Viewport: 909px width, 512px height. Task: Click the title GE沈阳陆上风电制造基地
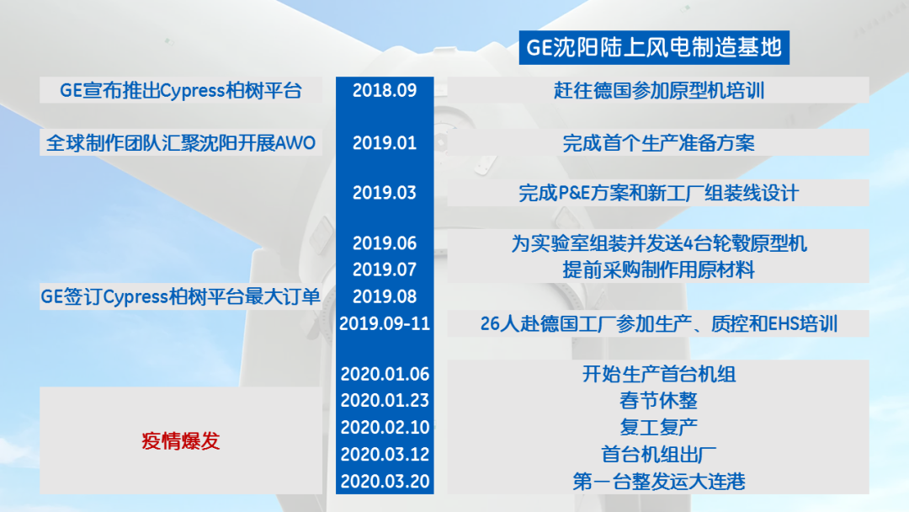654,47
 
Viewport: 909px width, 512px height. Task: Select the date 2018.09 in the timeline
385,90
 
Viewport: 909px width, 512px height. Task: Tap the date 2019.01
385,142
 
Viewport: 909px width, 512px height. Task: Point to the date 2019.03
385,193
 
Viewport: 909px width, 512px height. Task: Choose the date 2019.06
385,243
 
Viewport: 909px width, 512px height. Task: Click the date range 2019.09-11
385,323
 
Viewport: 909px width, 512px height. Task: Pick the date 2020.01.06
385,374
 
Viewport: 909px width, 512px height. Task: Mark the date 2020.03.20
385,482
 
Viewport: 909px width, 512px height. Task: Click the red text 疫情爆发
181,440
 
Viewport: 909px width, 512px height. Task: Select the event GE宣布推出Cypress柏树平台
181,90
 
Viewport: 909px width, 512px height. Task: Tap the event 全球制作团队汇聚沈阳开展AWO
181,142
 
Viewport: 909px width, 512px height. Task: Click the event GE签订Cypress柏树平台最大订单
181,296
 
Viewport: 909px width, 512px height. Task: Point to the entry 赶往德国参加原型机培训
658,90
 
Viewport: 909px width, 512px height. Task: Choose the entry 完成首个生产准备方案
658,142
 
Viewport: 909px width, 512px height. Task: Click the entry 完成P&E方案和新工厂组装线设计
658,193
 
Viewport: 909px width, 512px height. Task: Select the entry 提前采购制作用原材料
658,269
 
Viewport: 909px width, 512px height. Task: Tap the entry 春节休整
658,401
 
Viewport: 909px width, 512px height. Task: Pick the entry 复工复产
658,427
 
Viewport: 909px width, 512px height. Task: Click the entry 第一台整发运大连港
658,482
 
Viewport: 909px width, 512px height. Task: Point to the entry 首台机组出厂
658,454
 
